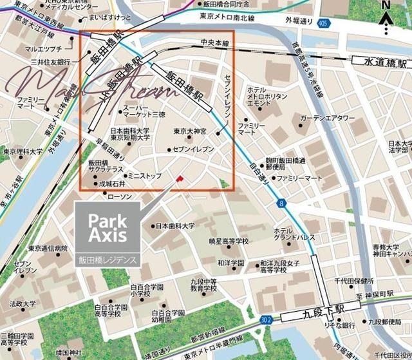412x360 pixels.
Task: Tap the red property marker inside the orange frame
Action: point(180,177)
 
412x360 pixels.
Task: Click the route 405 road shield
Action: point(322,24)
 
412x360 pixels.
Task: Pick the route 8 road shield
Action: point(281,204)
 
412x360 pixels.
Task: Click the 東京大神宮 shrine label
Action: point(190,131)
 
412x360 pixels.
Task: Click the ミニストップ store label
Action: point(145,175)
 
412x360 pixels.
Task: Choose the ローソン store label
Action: point(118,196)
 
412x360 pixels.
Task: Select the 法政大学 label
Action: point(22,302)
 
